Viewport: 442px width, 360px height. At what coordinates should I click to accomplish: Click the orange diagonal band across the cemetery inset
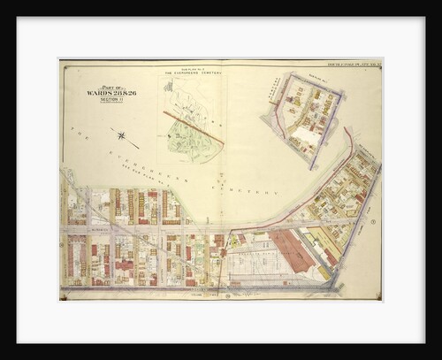click(193, 126)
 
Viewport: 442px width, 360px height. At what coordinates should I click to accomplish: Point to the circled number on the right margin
click(374, 222)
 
